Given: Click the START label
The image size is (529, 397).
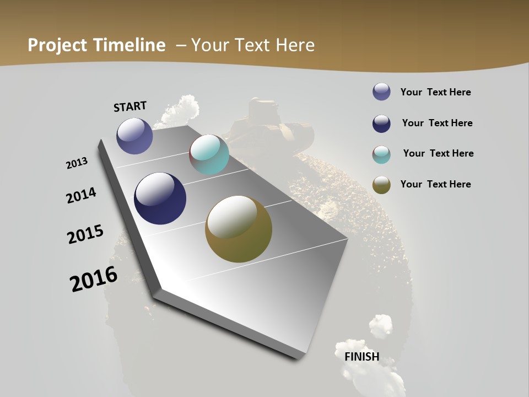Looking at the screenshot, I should tap(130, 106).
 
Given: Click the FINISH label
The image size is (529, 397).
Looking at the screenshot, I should tap(362, 356).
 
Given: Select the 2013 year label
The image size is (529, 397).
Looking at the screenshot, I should tap(77, 163).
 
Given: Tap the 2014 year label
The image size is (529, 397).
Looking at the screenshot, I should tap(81, 195).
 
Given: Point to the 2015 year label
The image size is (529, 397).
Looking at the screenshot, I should tap(85, 234).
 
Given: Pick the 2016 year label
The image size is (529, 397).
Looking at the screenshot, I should tap(94, 279).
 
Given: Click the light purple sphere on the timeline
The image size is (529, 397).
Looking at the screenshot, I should tap(134, 136).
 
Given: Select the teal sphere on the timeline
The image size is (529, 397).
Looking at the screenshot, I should tap(209, 154).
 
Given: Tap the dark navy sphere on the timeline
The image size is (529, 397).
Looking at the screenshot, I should tap(160, 198).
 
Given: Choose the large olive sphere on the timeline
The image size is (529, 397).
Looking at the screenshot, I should tap(239, 229).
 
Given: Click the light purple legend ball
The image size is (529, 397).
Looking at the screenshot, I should tap(381, 92).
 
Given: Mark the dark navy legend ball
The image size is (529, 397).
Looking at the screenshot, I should tap(381, 124).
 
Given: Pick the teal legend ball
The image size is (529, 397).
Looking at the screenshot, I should tap(381, 154).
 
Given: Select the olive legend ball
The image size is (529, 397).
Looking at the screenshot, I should tap(381, 185).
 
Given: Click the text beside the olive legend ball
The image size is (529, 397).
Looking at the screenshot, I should tap(435, 184).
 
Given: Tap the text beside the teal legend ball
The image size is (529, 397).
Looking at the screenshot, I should tap(438, 153).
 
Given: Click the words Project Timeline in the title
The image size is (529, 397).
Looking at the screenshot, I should tap(96, 45).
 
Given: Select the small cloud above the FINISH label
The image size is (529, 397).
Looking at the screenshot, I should tap(381, 326).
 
